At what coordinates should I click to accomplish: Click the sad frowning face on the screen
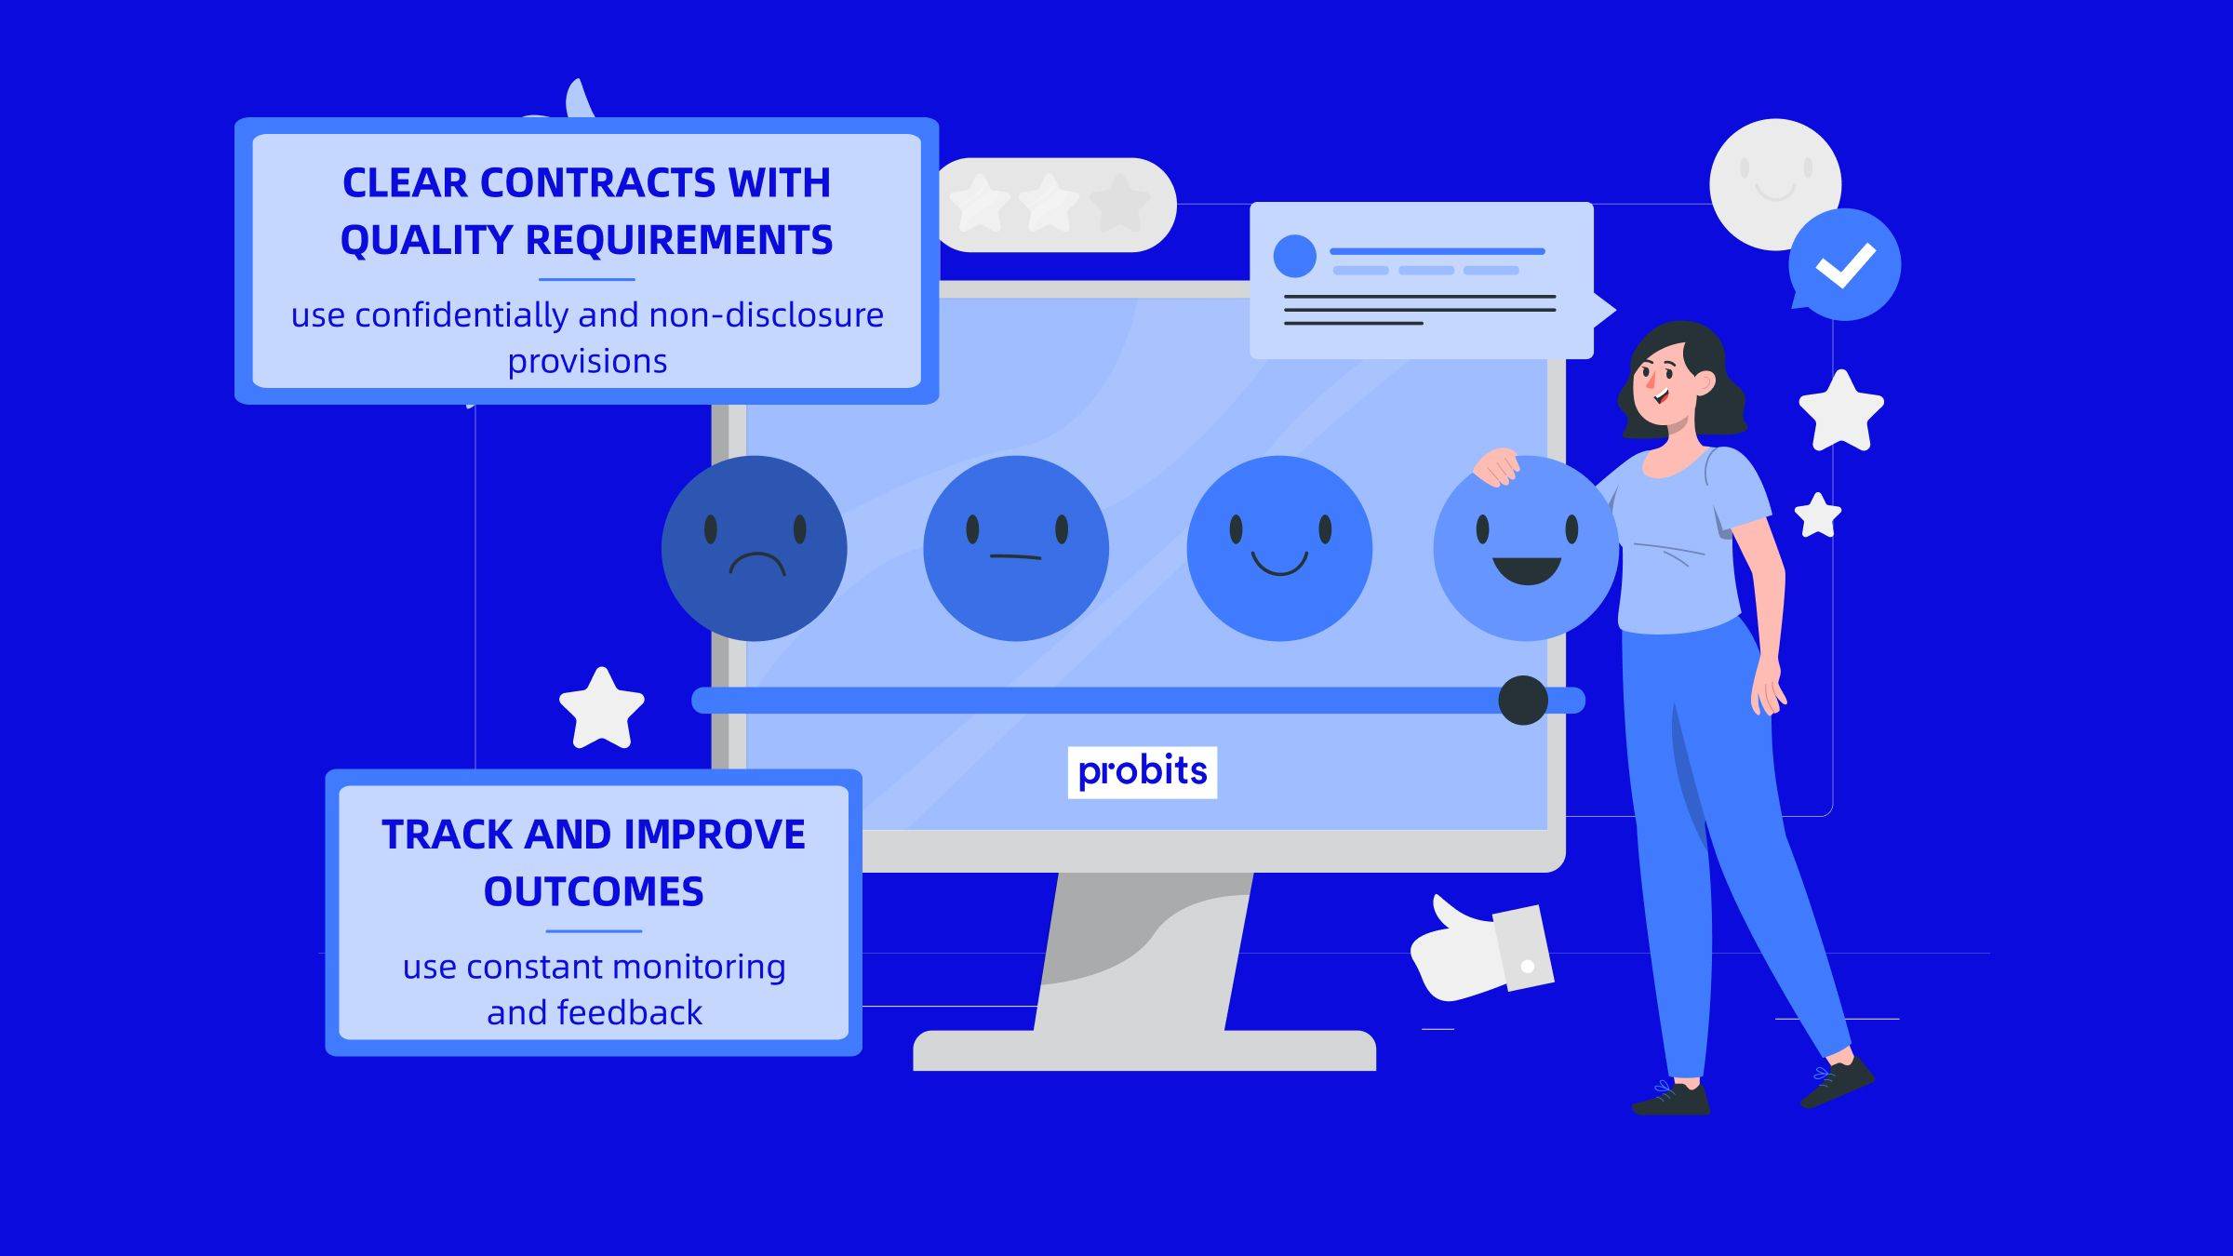(x=754, y=548)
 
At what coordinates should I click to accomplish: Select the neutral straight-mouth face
(x=1015, y=548)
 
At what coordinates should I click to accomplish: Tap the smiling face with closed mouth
(x=1278, y=548)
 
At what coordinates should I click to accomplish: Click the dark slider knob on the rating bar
(x=1523, y=701)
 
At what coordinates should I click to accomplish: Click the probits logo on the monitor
(x=1142, y=771)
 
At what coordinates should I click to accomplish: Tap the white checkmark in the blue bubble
(x=1845, y=265)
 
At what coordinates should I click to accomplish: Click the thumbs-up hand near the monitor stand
(x=1470, y=954)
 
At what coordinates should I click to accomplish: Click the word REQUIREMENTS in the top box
(x=679, y=240)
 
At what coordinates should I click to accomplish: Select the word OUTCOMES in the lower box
(x=594, y=892)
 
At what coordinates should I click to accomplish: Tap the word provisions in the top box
(x=587, y=361)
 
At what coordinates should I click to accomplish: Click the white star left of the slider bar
(x=602, y=710)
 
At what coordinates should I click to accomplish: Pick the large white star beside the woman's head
(x=1840, y=412)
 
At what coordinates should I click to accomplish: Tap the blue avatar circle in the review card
(x=1294, y=256)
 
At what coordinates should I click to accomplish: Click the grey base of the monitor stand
(x=1143, y=1050)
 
